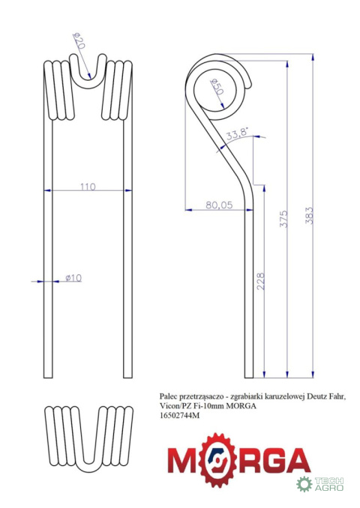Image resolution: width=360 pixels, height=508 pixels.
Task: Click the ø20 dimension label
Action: click(79, 40)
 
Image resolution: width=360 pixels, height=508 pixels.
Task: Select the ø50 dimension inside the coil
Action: click(217, 86)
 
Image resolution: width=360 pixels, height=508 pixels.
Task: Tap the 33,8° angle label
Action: click(237, 133)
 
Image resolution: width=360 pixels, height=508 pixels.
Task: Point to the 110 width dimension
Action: click(88, 187)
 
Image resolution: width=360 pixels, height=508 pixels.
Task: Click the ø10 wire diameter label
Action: click(73, 278)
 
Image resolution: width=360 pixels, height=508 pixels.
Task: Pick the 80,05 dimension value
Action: click(219, 205)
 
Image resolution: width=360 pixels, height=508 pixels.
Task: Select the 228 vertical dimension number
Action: click(260, 281)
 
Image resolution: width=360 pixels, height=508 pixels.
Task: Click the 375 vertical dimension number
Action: click(283, 219)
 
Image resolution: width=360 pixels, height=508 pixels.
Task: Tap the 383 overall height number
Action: click(309, 216)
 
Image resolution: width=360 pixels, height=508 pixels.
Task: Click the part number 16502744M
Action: click(179, 415)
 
